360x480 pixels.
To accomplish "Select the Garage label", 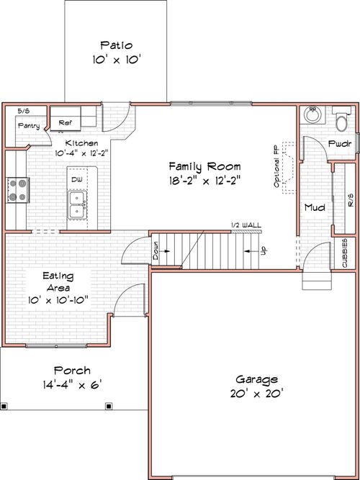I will pos(256,379).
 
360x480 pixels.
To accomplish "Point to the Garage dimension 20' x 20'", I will pos(256,393).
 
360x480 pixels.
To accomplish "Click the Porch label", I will pos(72,370).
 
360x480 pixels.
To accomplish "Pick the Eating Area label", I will pos(57,281).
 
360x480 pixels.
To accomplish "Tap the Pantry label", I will pos(28,127).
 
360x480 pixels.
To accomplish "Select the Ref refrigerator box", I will pos(66,122).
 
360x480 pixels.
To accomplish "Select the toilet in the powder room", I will pos(342,118).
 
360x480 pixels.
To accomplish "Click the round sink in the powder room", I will pos(313,115).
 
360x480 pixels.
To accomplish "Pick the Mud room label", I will pos(314,207).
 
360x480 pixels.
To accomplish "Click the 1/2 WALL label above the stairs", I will pos(246,225).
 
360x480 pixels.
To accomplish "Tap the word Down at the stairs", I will pos(156,252).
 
